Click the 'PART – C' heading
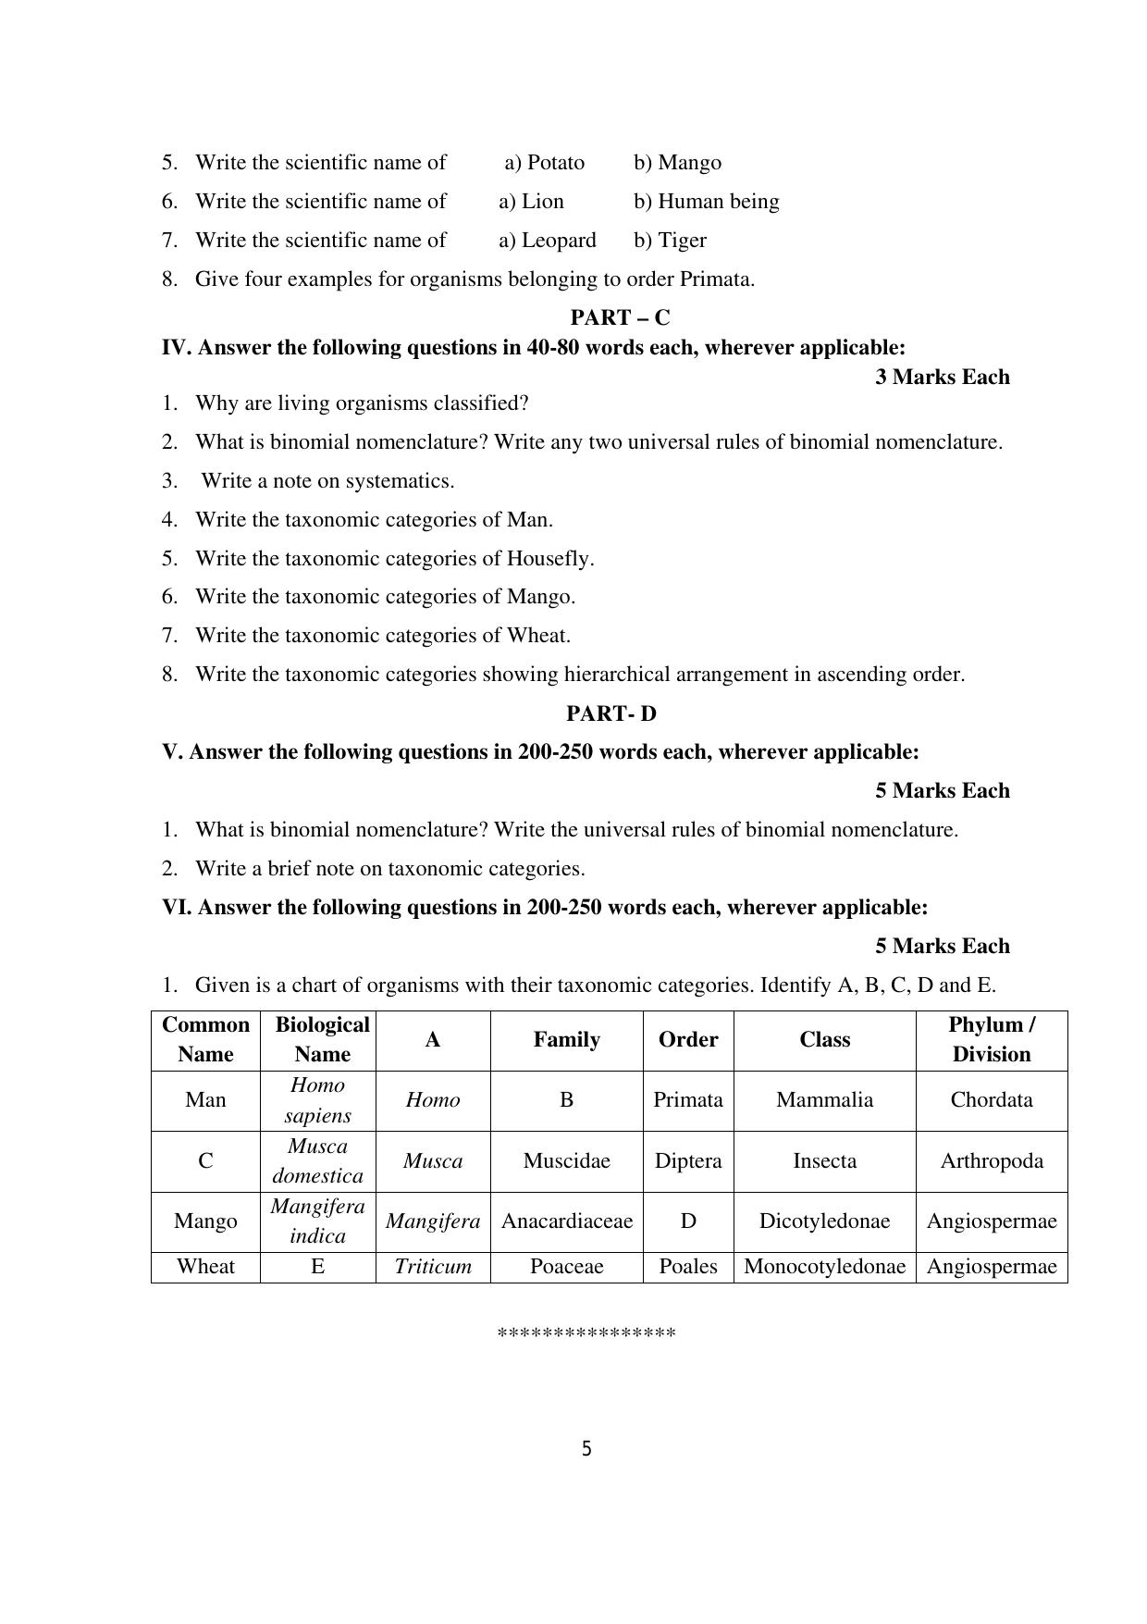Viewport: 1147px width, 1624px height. point(620,317)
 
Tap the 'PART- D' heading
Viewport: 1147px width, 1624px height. point(611,713)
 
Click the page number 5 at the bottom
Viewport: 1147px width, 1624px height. point(586,1449)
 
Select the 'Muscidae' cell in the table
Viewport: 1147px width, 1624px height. point(566,1160)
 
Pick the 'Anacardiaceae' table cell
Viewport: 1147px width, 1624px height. point(566,1221)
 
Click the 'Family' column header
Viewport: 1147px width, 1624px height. point(566,1039)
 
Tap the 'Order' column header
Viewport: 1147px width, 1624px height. point(687,1039)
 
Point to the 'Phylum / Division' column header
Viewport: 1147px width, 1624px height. point(991,1039)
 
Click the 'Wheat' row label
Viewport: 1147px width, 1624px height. point(205,1266)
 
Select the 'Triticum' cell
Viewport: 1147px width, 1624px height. point(432,1266)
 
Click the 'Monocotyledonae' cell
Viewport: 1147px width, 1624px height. point(824,1266)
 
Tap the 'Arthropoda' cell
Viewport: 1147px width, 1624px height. point(991,1160)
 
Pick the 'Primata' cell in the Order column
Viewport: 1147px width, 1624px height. point(687,1099)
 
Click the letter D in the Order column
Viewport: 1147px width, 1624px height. point(687,1221)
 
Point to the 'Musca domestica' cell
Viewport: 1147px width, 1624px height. point(317,1160)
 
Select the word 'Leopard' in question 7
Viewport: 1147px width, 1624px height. point(559,241)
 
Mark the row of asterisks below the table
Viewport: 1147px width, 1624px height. point(586,1333)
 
